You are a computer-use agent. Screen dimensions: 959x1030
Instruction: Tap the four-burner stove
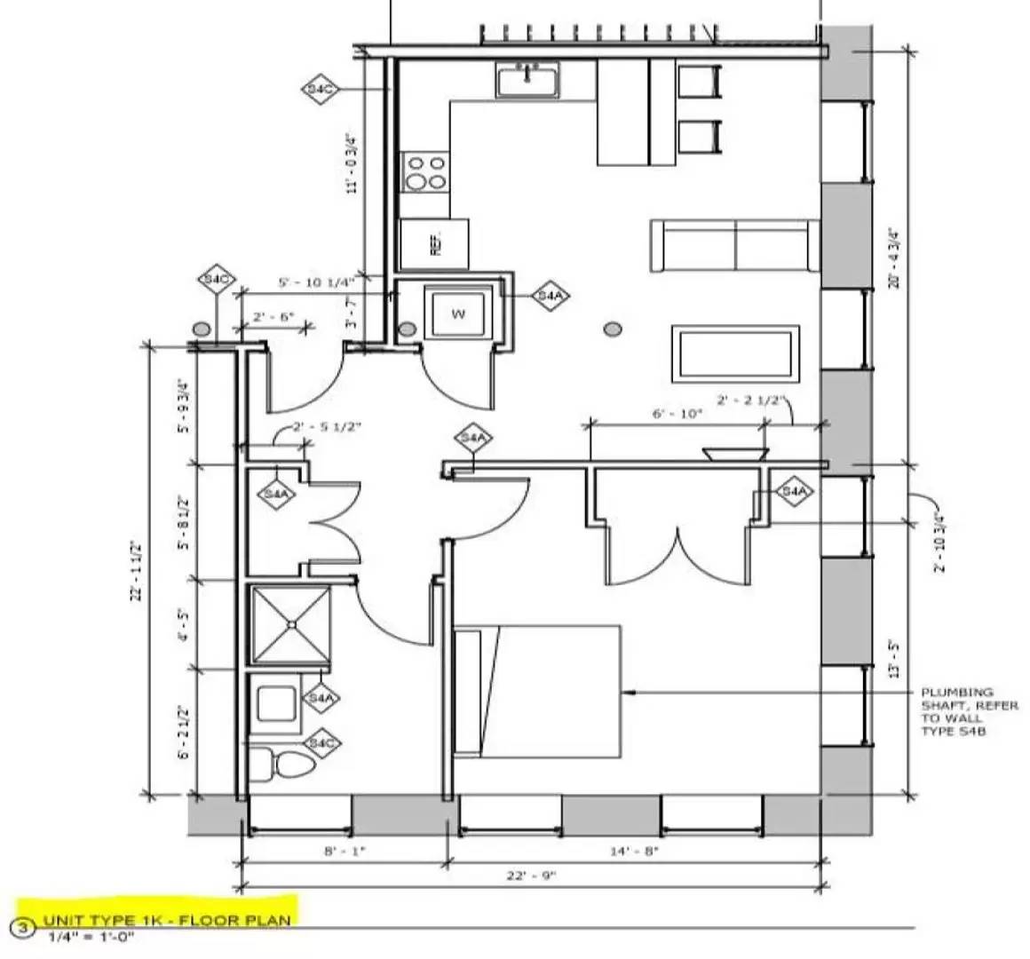[425, 172]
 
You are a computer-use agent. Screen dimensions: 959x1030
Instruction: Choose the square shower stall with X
[291, 624]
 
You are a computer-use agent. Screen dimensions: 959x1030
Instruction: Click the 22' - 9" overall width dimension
[530, 876]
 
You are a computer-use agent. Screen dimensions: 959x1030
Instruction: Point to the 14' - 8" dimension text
[634, 851]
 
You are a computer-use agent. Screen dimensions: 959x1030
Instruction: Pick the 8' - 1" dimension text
[345, 851]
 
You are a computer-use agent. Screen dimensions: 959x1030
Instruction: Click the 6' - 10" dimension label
[677, 413]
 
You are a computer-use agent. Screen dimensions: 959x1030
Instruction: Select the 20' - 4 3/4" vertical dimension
[894, 258]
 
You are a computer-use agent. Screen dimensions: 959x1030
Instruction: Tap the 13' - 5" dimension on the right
[894, 655]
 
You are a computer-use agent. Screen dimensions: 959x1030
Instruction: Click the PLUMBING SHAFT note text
[956, 710]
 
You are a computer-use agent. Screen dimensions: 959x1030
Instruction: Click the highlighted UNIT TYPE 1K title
[167, 920]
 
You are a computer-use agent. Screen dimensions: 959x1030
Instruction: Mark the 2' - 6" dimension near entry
[273, 316]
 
